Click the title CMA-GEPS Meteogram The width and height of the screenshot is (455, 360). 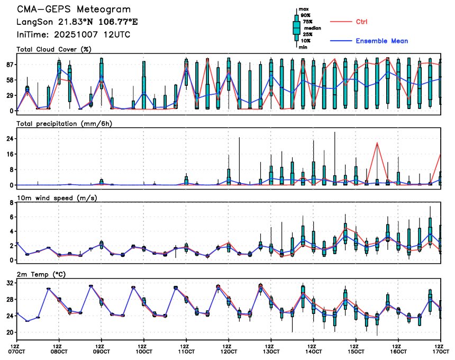(x=74, y=10)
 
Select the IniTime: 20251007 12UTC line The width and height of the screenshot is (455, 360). (x=74, y=34)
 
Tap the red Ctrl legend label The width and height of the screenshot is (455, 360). (x=362, y=22)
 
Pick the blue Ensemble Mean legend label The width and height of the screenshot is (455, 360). (x=381, y=41)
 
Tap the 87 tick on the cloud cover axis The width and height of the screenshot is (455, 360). (x=8, y=65)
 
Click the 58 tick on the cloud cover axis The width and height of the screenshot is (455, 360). (x=8, y=80)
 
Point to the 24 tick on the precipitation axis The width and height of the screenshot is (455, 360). (x=8, y=139)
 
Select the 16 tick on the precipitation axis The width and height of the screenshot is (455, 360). (x=8, y=154)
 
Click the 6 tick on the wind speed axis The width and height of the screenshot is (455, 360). (x=10, y=217)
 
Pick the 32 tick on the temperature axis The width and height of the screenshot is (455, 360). (x=8, y=283)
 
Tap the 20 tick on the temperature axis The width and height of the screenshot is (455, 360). (x=8, y=333)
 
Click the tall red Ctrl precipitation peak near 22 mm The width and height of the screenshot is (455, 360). (x=377, y=143)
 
